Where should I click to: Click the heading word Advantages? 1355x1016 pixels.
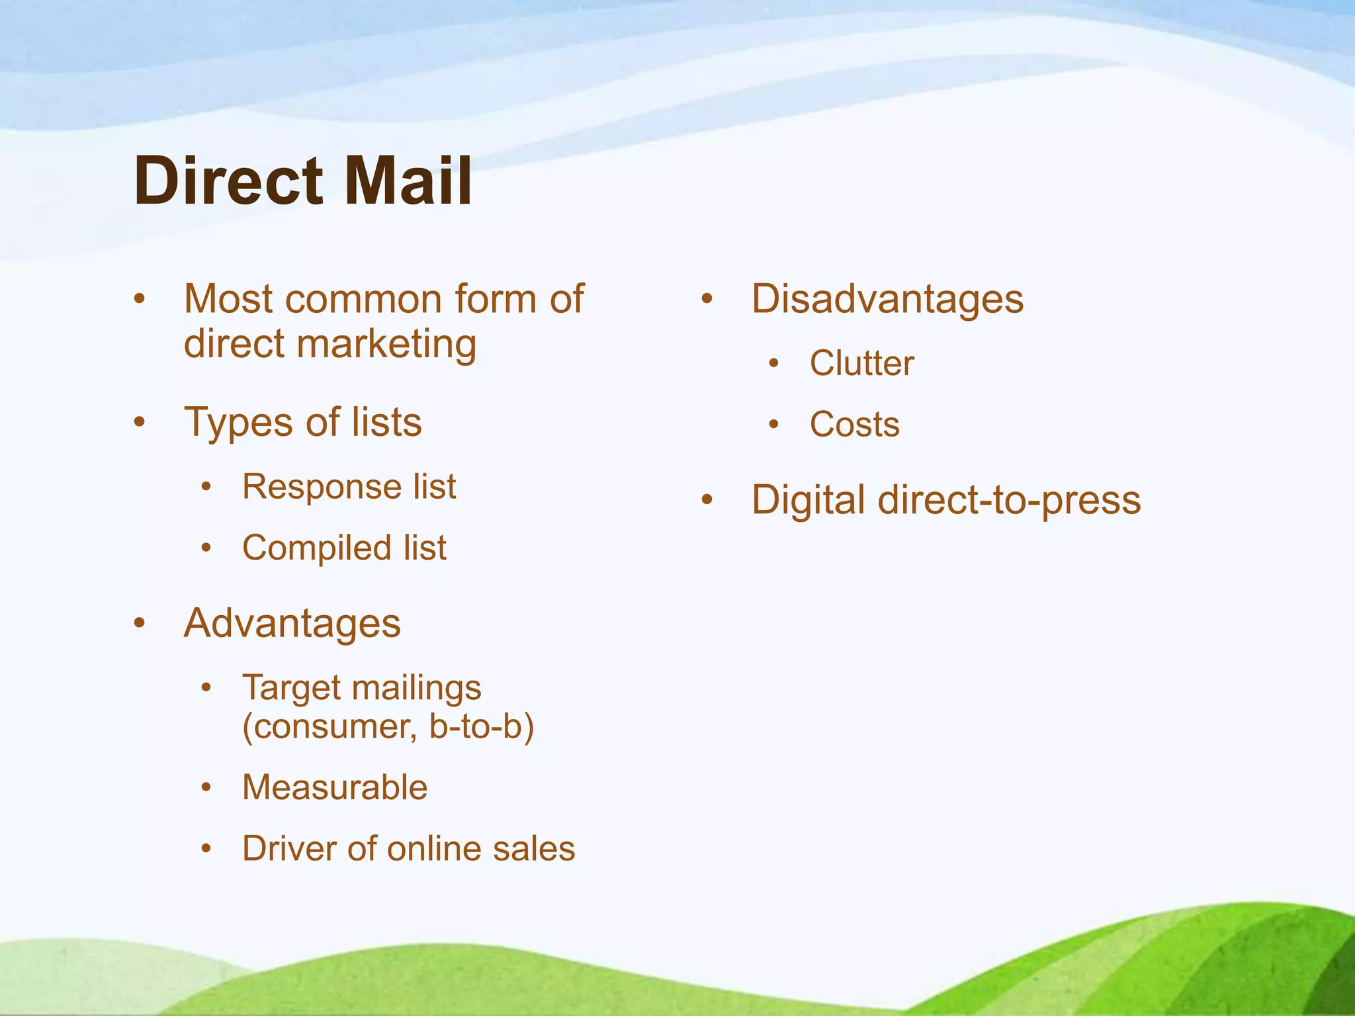tap(292, 624)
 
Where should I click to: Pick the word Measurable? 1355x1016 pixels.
tap(335, 788)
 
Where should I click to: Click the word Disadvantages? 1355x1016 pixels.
tap(887, 299)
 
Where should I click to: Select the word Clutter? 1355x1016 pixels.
tap(861, 363)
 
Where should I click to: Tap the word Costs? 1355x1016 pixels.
tap(854, 425)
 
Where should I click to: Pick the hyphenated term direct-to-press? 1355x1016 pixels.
tap(1009, 500)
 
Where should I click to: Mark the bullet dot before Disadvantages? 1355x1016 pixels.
tap(707, 299)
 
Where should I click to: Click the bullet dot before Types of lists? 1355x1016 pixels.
tap(139, 422)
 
